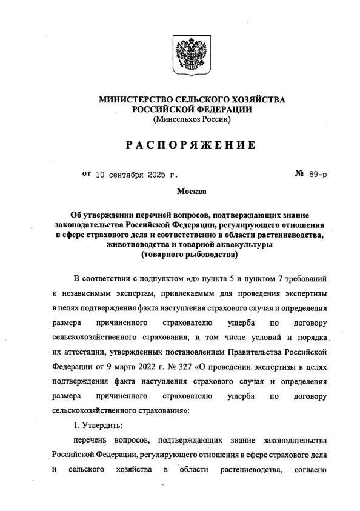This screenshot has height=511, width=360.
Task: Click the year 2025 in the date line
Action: pyautogui.click(x=156, y=175)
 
